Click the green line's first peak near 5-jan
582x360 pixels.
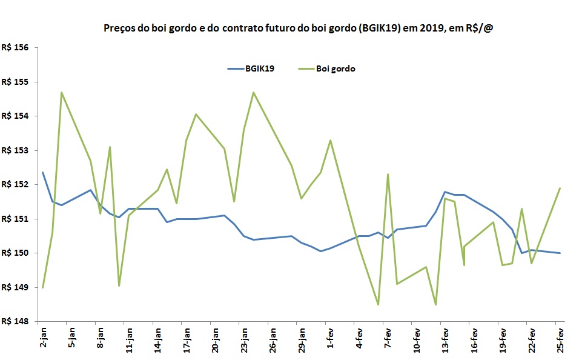click(x=62, y=92)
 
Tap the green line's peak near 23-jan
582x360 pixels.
click(x=253, y=92)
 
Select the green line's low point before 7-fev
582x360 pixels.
click(x=378, y=304)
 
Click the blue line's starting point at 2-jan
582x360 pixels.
click(x=42, y=173)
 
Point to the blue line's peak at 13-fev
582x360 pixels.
click(x=445, y=192)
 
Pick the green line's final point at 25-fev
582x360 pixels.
click(x=560, y=188)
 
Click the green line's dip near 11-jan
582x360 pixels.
click(x=119, y=285)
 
